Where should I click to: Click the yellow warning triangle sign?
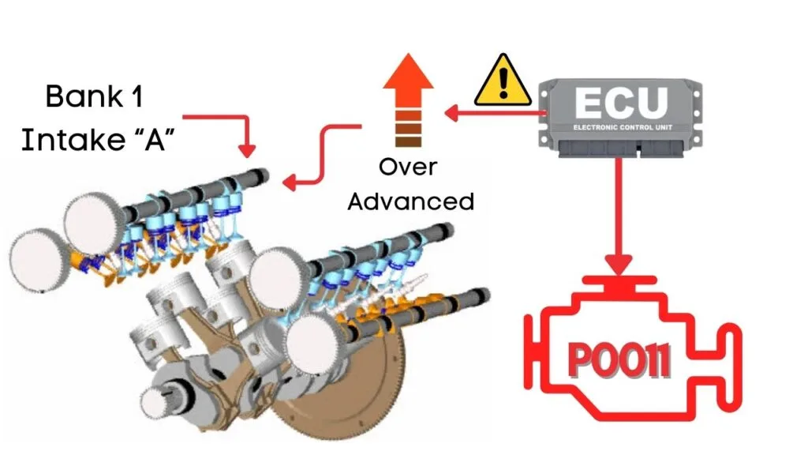click(503, 81)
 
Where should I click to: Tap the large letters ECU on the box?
click(621, 103)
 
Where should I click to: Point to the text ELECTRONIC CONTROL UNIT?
click(623, 127)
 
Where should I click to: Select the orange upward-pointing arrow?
click(408, 100)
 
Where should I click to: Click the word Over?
click(408, 167)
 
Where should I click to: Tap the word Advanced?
click(410, 201)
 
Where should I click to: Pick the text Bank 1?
click(94, 96)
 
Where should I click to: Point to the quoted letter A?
click(154, 140)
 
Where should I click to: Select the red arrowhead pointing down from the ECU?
click(619, 265)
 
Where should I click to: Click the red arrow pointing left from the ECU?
click(495, 113)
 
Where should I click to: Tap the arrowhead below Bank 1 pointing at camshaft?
click(247, 150)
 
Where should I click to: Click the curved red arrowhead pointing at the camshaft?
click(290, 182)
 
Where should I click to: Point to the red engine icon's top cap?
click(619, 282)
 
